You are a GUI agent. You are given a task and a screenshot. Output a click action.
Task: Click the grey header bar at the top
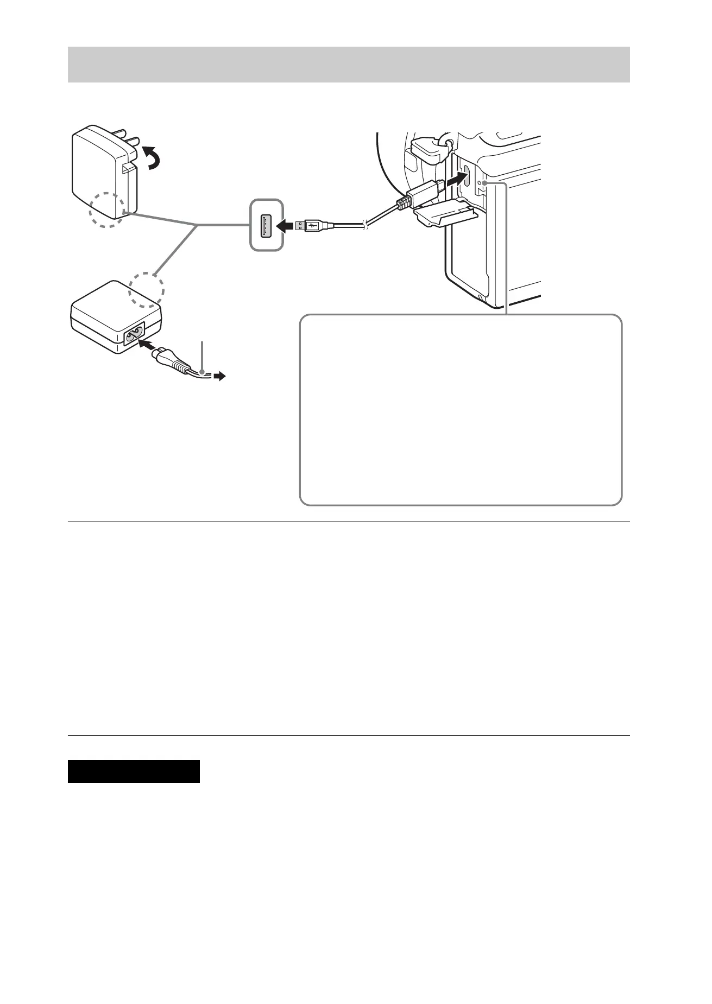pos(348,64)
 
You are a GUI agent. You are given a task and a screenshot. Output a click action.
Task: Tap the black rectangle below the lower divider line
pos(134,771)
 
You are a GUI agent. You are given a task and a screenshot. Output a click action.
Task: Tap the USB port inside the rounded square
pos(266,225)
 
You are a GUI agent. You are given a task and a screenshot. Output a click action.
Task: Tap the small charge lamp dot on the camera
pos(478,184)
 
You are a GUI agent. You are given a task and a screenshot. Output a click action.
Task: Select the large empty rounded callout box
pos(461,410)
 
